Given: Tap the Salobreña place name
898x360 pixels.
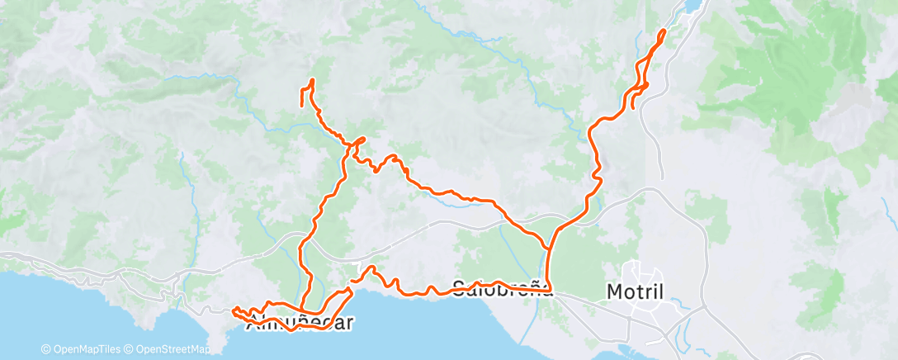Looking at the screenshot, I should point(502,288).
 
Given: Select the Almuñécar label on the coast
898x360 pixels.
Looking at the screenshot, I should point(300,322).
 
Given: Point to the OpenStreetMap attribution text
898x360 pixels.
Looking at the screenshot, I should point(171,349).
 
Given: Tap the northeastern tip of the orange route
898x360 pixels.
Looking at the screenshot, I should point(664,31).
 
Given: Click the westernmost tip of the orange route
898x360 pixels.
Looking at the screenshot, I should point(234,310).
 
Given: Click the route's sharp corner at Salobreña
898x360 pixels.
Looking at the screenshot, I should point(551,291).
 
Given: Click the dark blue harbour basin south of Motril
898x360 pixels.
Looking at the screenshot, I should point(682,338).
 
